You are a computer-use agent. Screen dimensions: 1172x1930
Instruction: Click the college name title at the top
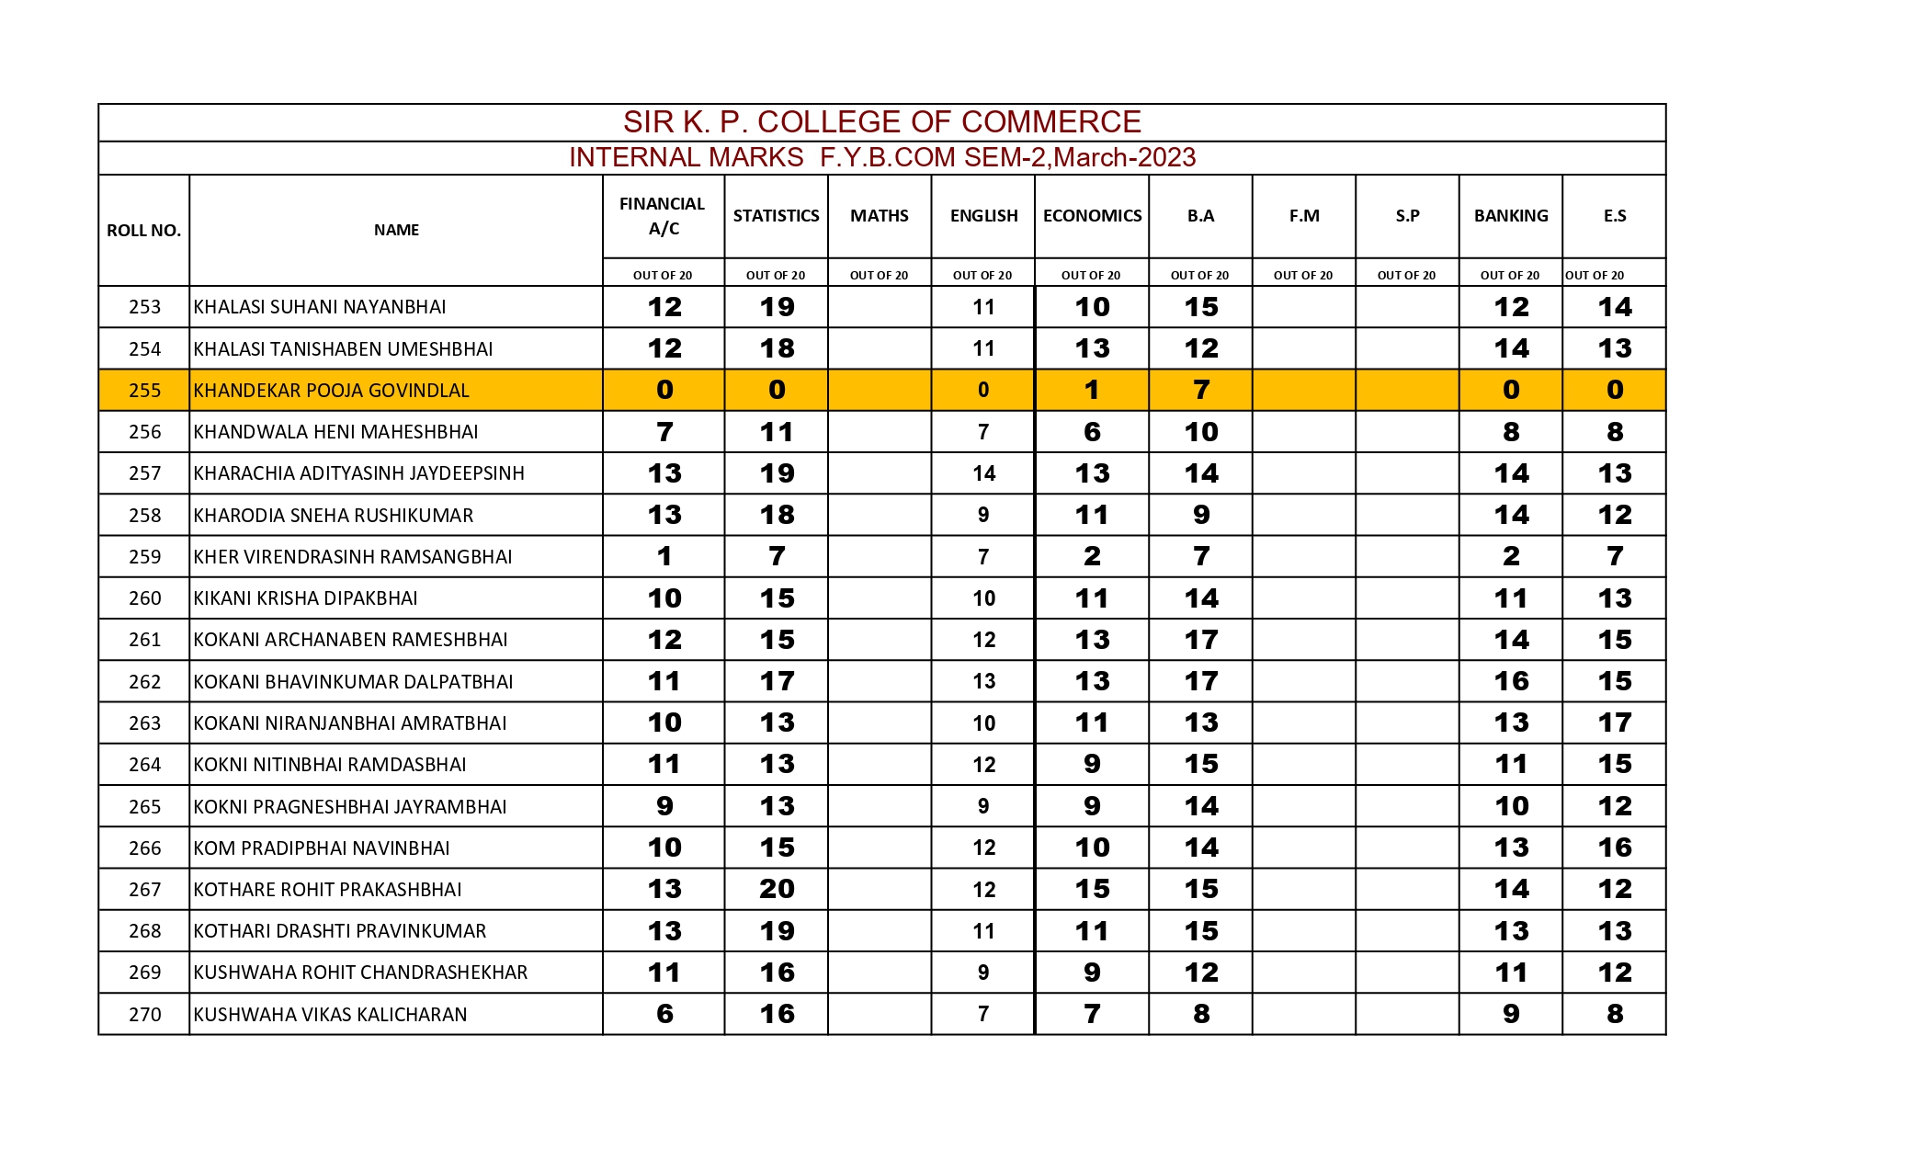click(881, 122)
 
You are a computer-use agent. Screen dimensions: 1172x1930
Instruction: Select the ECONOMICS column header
click(1092, 216)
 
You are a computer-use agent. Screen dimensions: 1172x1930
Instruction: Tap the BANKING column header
click(1511, 216)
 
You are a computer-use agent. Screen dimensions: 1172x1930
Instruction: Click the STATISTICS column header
click(776, 216)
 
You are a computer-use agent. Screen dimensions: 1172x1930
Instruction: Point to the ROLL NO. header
click(143, 231)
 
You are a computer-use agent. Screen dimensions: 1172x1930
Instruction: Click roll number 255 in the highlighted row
click(144, 391)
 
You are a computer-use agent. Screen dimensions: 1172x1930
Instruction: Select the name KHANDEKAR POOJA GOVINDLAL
click(331, 391)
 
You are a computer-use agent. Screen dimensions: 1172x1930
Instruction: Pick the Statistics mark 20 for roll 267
click(777, 889)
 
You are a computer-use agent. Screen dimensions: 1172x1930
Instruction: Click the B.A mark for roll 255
click(1200, 390)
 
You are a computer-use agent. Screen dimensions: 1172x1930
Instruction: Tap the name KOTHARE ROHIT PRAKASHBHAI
click(327, 890)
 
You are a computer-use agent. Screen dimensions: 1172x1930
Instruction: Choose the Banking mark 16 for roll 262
click(1511, 681)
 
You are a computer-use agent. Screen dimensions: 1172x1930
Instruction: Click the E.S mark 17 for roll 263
click(1615, 723)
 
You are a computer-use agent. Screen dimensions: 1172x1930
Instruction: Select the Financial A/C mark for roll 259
click(664, 556)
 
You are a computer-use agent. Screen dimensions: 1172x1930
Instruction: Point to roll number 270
click(144, 1015)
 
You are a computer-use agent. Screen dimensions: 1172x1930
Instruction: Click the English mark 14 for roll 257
click(983, 473)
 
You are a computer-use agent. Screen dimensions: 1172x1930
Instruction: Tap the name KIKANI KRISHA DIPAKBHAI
click(305, 598)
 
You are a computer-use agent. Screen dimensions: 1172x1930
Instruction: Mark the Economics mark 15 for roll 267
click(1092, 889)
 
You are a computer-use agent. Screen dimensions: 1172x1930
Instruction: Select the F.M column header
click(1304, 216)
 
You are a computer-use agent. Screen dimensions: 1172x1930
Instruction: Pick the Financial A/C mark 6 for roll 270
click(664, 1014)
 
